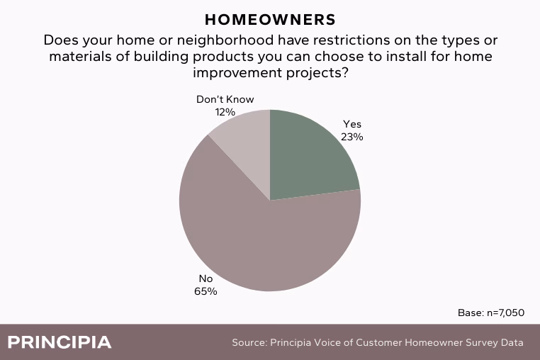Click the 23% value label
tap(352, 137)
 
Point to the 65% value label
tap(206, 291)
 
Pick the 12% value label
tap(225, 112)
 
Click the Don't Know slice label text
tap(225, 99)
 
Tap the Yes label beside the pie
tap(352, 124)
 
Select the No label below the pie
tap(206, 279)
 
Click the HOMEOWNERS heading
tap(270, 20)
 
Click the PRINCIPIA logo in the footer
tap(60, 342)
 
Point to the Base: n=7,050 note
tap(491, 313)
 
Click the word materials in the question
tap(81, 57)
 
